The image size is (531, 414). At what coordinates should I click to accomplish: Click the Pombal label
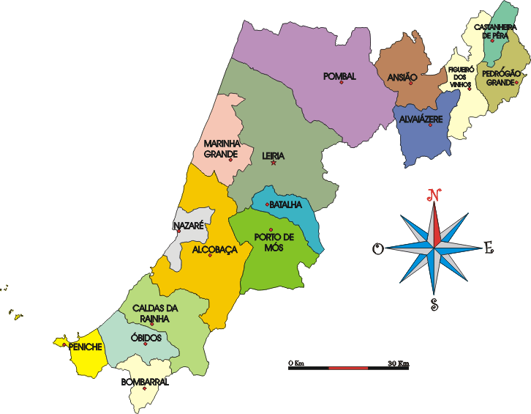[339, 76]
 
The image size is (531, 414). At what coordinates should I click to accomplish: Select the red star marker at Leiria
[274, 163]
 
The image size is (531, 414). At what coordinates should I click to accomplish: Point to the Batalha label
[285, 204]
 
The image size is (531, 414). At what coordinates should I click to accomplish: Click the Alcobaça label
[215, 250]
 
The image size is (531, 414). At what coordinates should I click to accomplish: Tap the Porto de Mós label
[274, 242]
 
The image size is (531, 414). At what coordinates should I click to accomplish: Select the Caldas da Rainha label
[151, 314]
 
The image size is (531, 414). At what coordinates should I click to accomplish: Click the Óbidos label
[147, 338]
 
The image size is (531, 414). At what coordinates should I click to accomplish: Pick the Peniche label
[85, 347]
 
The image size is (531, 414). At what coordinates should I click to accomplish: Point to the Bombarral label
[145, 382]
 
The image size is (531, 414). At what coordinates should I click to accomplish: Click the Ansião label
[402, 76]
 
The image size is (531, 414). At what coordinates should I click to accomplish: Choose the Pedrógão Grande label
[502, 77]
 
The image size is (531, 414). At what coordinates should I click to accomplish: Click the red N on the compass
[434, 196]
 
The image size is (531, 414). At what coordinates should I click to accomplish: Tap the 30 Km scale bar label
[399, 363]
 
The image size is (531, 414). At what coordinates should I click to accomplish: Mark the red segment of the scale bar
[348, 367]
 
